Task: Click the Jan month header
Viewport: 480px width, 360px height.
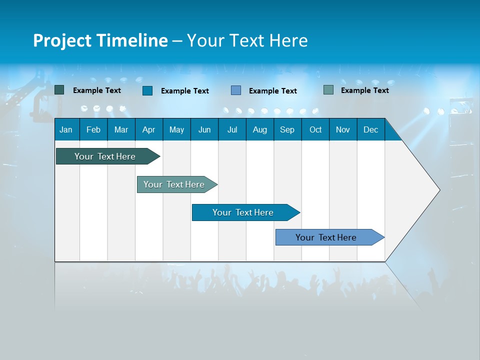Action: coord(66,129)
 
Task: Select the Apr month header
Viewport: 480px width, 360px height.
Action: coord(149,129)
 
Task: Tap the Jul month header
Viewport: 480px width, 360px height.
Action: coord(232,129)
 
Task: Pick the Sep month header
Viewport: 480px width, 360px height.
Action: coord(287,129)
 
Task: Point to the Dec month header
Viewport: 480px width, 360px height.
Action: coord(370,129)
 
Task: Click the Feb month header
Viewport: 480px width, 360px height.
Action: coord(93,129)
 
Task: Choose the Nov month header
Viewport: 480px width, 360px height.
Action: coord(343,129)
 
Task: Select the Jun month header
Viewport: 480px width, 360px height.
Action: coord(204,129)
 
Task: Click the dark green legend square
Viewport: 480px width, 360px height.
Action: coord(59,90)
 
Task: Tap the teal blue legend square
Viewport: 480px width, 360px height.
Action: coord(147,90)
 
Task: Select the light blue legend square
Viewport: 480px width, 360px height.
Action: coord(236,90)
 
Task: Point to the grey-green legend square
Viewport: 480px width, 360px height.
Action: coord(328,90)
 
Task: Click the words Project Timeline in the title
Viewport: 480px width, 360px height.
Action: coord(100,40)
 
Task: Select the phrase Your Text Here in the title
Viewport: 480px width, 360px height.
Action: coord(247,40)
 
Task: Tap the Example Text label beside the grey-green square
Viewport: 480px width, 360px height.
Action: coord(364,90)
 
